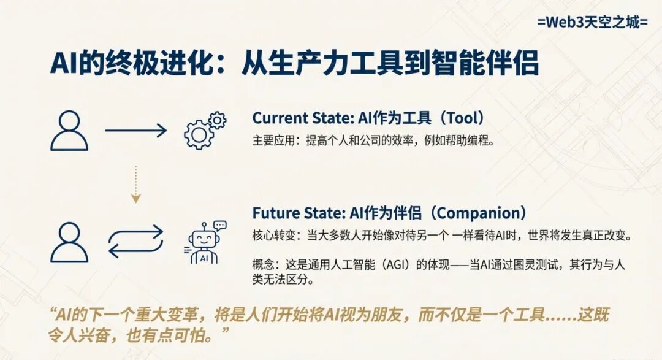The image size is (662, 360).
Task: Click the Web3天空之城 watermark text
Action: [592, 21]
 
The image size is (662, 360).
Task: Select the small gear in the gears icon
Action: [217, 120]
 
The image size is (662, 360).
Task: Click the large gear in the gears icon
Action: [198, 135]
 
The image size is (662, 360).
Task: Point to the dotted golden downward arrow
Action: [135, 184]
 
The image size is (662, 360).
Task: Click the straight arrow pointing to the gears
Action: [136, 131]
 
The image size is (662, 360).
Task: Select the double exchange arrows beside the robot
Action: [136, 241]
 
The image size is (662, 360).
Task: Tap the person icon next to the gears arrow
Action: [69, 131]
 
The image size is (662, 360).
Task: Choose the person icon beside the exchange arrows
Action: [69, 242]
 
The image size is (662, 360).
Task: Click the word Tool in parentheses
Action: [463, 118]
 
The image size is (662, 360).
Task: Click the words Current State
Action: [302, 118]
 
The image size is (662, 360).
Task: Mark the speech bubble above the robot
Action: [220, 225]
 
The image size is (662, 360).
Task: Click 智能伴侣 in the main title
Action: [485, 63]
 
